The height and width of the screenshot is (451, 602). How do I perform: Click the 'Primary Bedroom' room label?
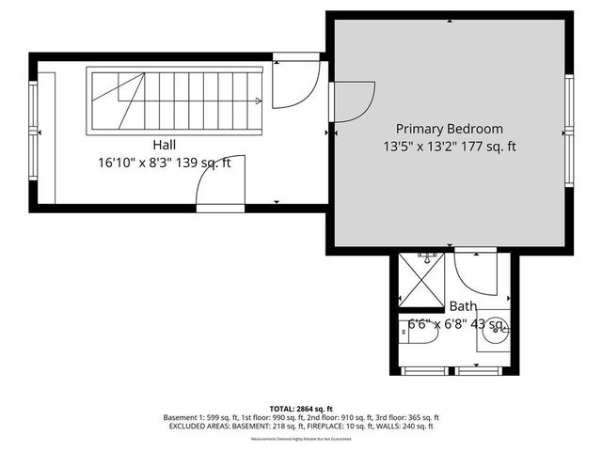pyautogui.click(x=449, y=129)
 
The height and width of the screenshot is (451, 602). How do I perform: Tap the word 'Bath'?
pyautogui.click(x=462, y=306)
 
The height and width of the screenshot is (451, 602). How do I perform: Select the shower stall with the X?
pyautogui.click(x=421, y=278)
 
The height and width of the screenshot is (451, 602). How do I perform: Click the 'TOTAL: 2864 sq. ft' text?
pyautogui.click(x=301, y=409)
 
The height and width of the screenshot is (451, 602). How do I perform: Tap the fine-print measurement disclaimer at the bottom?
pyautogui.click(x=301, y=439)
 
